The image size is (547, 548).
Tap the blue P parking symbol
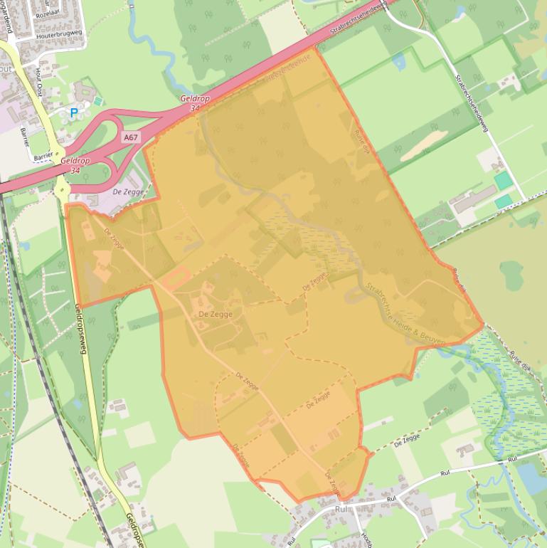[x=73, y=112]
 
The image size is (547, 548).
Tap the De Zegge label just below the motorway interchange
[x=129, y=192]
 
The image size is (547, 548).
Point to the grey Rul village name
[x=344, y=510]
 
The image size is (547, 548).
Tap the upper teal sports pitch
[x=504, y=180]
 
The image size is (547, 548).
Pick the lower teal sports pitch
[x=504, y=201]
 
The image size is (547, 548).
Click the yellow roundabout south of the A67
[x=61, y=189]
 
